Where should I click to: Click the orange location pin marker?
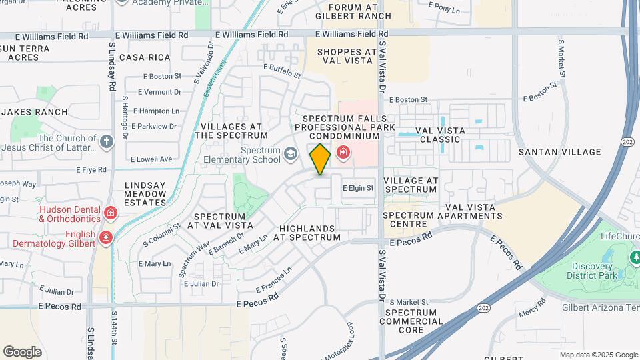click(321, 159)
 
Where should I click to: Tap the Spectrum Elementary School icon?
click(290, 155)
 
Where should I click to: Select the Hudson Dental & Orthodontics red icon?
click(111, 213)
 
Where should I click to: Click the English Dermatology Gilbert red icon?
click(105, 238)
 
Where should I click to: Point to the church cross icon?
click(107, 141)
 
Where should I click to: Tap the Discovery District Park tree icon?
click(635, 257)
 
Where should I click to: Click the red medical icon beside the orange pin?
click(343, 153)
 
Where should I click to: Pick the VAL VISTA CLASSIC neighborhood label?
click(437, 135)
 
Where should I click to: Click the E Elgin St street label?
click(358, 189)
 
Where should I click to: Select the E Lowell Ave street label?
click(151, 159)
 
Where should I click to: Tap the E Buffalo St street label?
click(283, 71)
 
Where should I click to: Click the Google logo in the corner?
click(22, 352)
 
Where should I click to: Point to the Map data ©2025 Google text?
click(598, 355)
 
